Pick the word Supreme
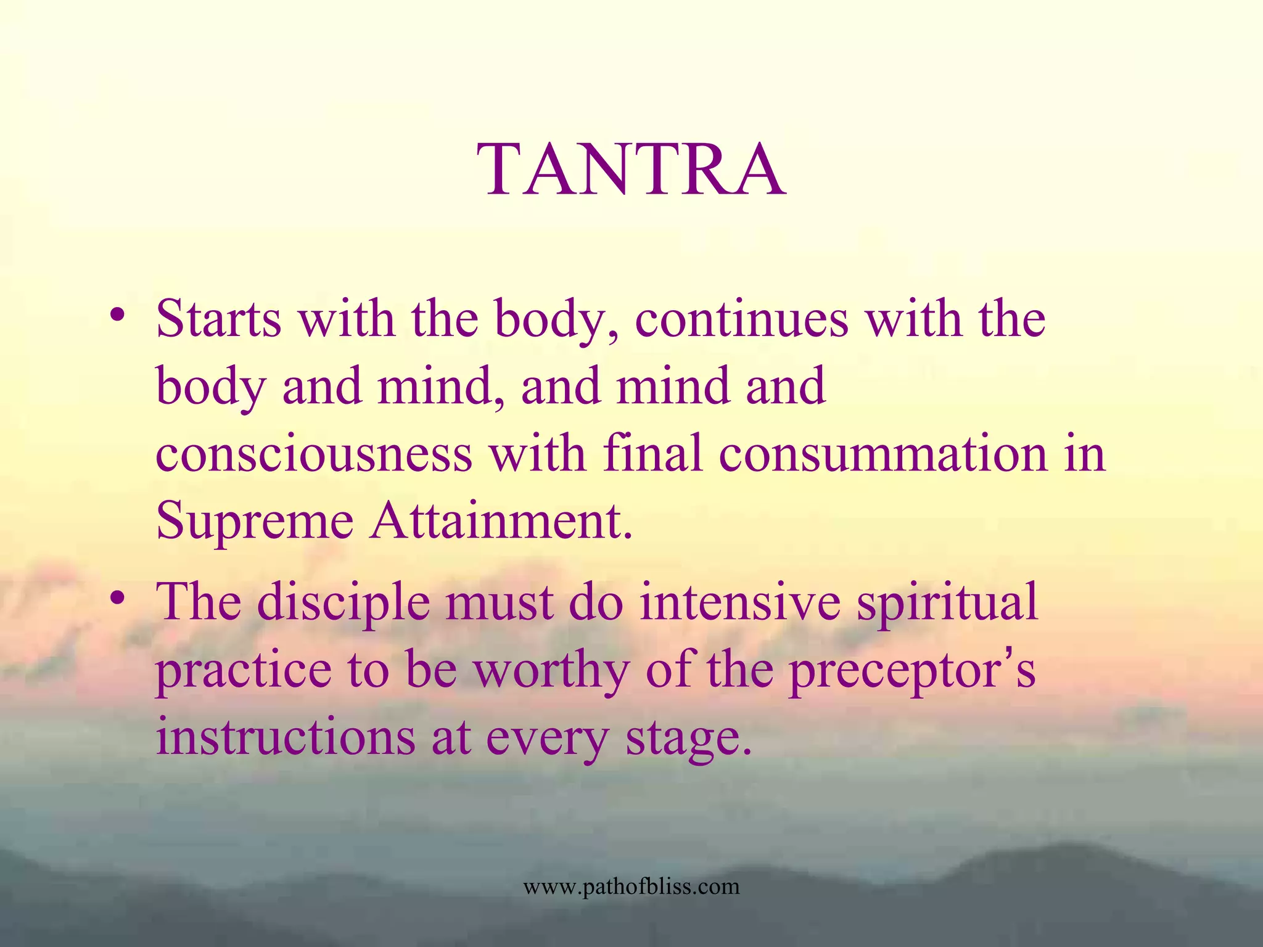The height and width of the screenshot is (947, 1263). (254, 522)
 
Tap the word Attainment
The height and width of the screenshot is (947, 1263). (501, 522)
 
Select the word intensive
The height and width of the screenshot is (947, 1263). (740, 602)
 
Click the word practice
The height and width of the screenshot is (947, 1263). (243, 671)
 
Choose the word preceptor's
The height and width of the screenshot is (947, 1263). (912, 671)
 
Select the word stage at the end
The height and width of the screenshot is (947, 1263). (688, 739)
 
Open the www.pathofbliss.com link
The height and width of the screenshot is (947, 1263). (631, 887)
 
